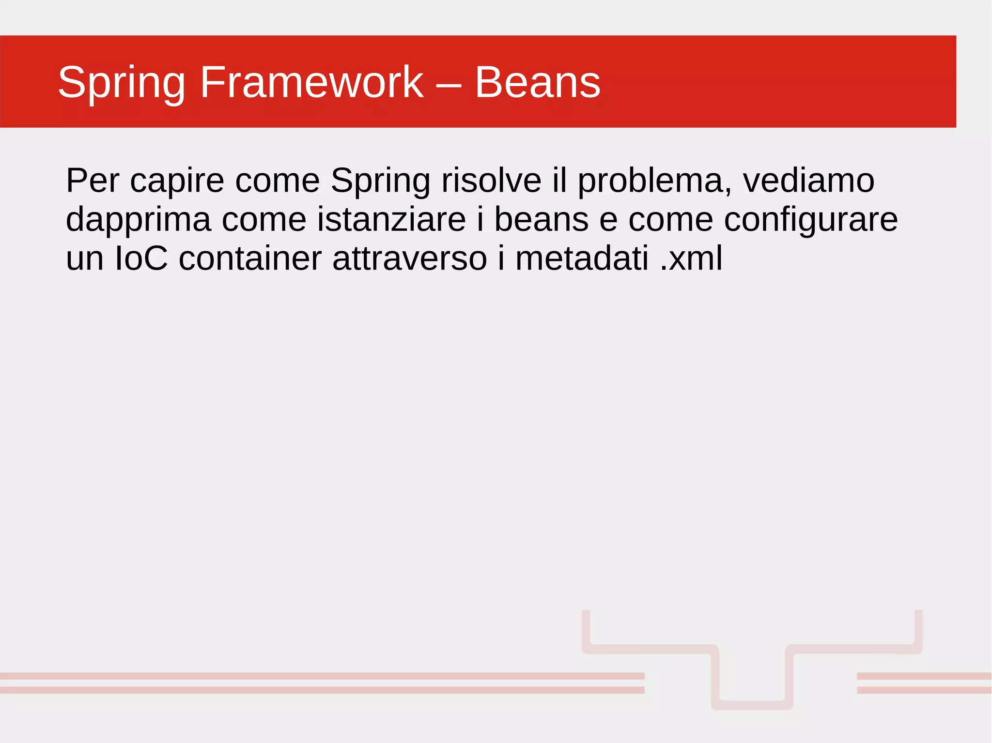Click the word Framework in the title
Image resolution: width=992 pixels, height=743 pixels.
click(311, 82)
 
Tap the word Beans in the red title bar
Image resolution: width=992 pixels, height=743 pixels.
click(537, 82)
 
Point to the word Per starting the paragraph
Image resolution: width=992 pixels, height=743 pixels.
click(92, 181)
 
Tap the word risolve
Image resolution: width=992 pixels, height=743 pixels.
click(491, 181)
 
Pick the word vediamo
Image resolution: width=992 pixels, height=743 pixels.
click(808, 181)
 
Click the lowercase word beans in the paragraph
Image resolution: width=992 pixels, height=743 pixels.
click(541, 219)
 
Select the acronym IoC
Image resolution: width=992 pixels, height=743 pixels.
click(141, 258)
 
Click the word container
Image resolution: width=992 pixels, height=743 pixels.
click(250, 258)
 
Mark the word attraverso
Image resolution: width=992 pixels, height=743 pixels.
click(409, 258)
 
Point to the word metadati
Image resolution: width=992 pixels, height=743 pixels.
click(581, 258)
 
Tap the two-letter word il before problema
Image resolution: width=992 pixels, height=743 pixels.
click(559, 181)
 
